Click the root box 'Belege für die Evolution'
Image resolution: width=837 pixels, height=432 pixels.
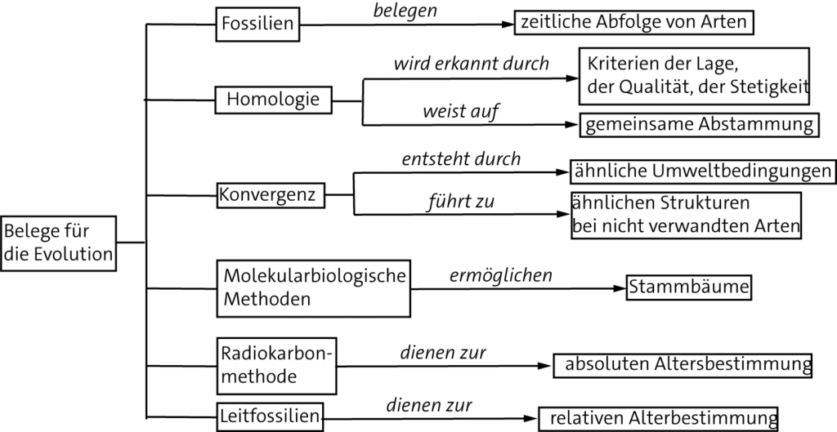(59, 243)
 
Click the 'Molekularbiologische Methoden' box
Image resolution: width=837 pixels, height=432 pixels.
(313, 287)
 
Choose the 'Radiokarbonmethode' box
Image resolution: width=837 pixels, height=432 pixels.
(277, 365)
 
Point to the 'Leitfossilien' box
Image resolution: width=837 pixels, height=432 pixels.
(268, 416)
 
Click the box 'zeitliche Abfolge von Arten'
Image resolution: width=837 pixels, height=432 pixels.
(633, 23)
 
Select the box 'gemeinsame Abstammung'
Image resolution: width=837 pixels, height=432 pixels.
(700, 124)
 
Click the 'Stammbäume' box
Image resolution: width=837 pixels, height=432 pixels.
(688, 287)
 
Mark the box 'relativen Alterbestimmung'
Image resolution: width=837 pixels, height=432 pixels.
(658, 418)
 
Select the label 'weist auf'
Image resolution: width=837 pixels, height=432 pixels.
(450, 110)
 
